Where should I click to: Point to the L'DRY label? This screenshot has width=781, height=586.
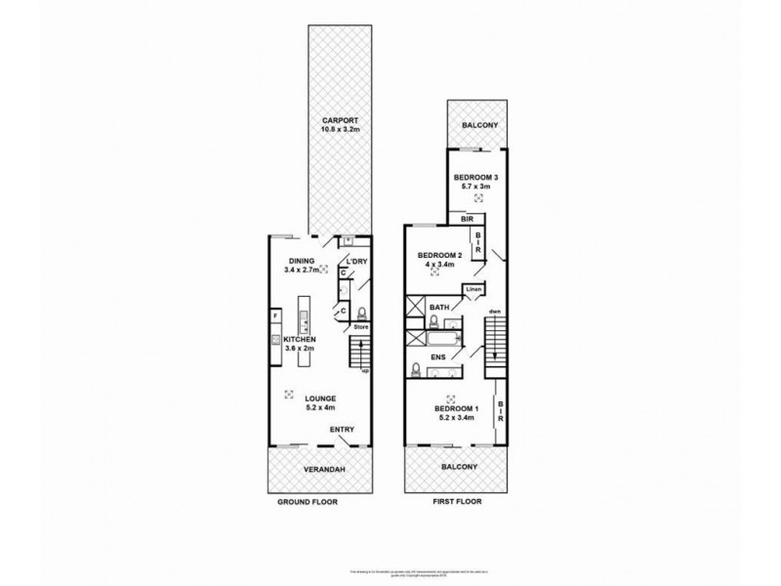[354, 261]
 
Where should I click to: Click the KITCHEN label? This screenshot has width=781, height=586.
[300, 339]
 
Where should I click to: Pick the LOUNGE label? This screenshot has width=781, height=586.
[319, 398]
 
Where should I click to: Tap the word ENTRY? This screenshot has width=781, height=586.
[342, 429]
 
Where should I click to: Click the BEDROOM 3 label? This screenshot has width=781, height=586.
[476, 177]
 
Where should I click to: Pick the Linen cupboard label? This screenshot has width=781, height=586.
[473, 290]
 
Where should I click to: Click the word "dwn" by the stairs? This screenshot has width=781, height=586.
[496, 314]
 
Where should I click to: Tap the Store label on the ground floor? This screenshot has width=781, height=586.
[358, 326]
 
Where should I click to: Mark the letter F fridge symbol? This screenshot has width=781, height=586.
[276, 315]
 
